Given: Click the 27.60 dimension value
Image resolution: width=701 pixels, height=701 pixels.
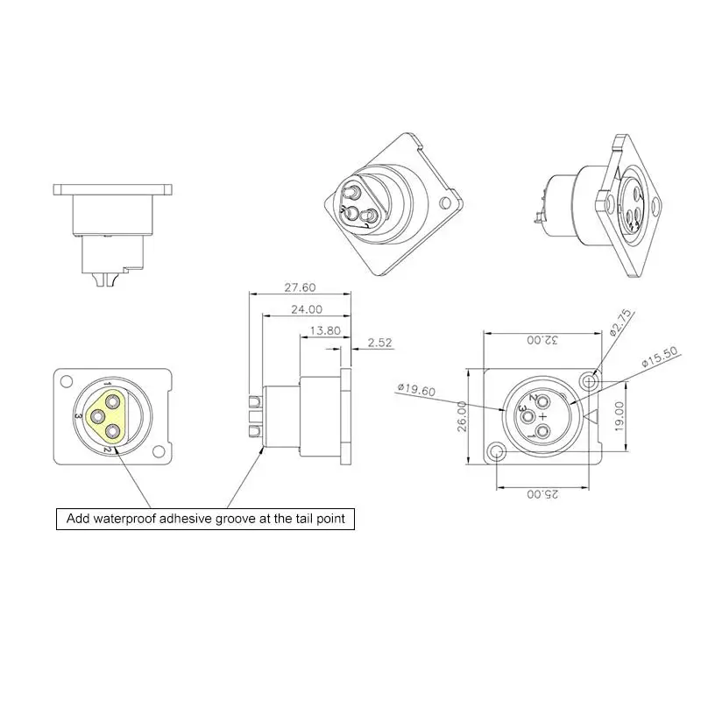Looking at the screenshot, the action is pos(300,287).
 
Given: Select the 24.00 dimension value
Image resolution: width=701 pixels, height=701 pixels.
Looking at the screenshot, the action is pos(307,309).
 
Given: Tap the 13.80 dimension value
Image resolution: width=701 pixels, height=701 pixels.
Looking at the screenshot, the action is pos(325,331).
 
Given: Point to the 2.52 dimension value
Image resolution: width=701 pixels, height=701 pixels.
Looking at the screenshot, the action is pos(379,343).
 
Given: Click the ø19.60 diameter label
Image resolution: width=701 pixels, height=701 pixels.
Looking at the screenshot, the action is pos(416,390).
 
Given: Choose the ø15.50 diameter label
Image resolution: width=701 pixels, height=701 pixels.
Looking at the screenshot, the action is pos(660,357).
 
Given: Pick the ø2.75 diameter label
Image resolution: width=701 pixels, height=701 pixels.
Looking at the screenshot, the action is pos(621,322).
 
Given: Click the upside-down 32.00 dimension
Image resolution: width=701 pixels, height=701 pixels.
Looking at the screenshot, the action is pos(542,340).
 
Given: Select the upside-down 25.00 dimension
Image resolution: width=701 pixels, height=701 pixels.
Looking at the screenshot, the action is pos(542,494).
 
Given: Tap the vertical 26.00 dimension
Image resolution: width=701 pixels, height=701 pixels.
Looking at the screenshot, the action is pos(462,416).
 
